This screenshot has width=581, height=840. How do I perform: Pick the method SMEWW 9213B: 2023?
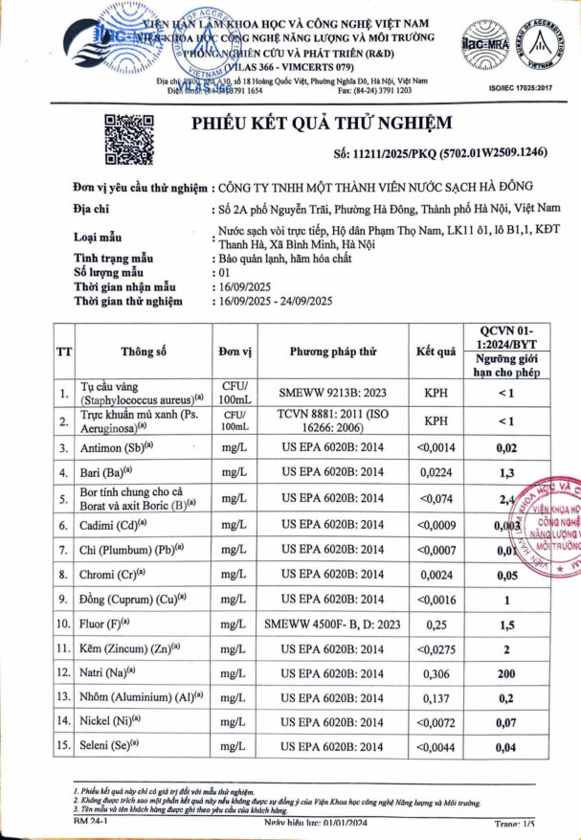[334, 393]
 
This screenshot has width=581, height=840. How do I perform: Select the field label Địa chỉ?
[92, 208]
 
